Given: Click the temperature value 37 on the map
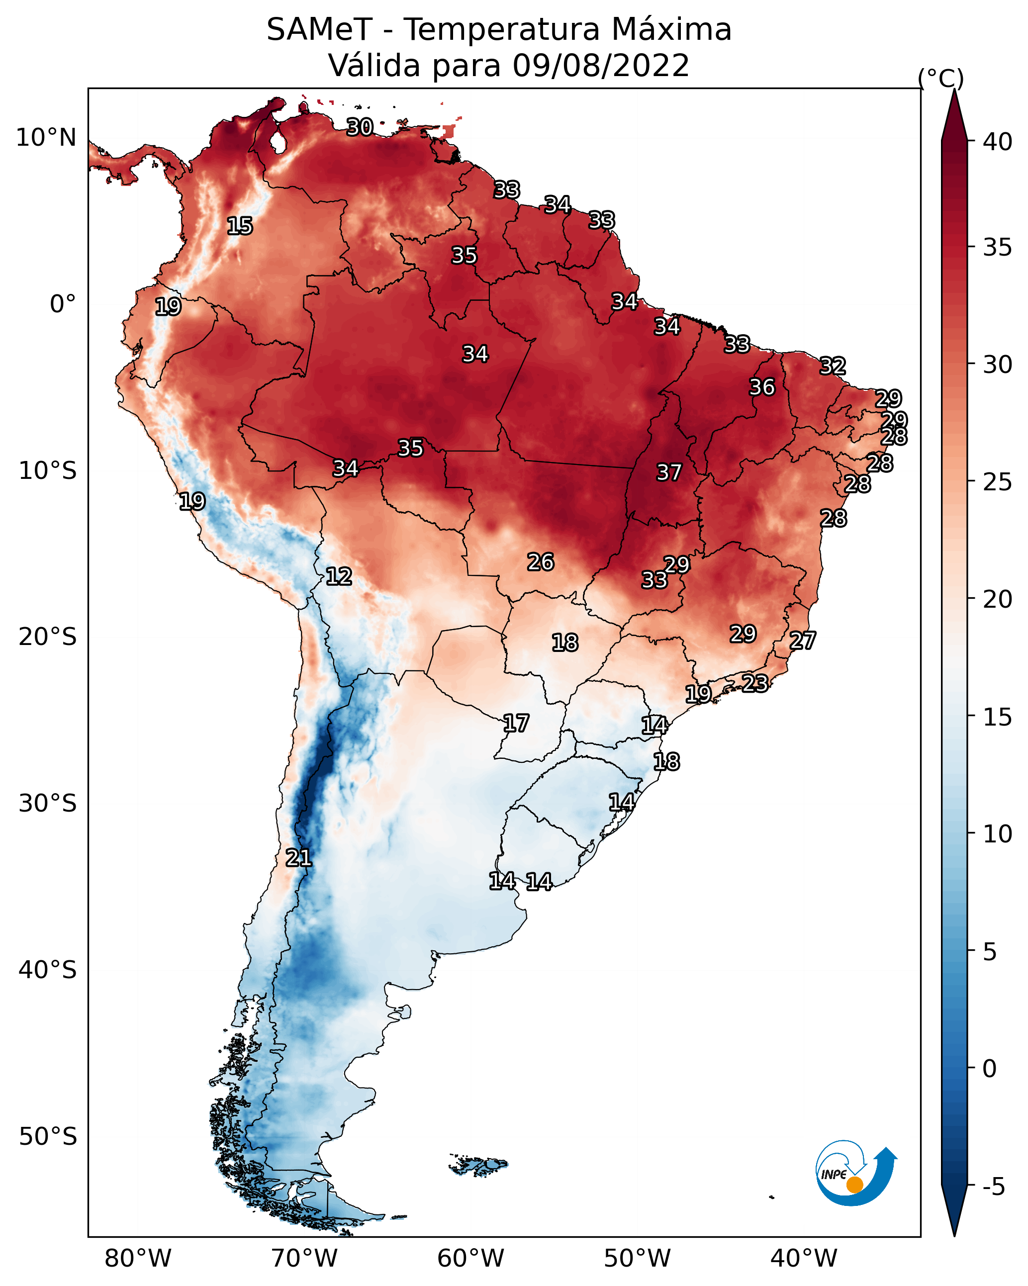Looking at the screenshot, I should [x=669, y=472].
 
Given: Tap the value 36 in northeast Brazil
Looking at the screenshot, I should [x=762, y=387].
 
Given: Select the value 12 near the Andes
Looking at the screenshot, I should [x=339, y=576].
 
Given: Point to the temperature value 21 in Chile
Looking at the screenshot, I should [x=298, y=858].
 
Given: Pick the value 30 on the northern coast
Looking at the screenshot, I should [x=360, y=127].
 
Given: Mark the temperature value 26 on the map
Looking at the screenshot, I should [x=541, y=562].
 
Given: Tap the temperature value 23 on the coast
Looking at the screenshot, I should [x=755, y=683].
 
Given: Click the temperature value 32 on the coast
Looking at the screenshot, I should [x=833, y=366].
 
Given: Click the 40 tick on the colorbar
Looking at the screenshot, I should [x=998, y=142].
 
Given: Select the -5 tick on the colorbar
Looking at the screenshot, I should [x=993, y=1187].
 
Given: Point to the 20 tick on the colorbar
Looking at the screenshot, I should [x=998, y=599].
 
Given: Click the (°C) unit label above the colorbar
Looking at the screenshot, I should [x=941, y=78].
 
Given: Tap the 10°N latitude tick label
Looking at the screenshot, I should [x=46, y=138].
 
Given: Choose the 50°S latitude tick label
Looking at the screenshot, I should [x=48, y=1137].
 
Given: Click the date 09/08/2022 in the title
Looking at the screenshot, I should [x=600, y=65].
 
